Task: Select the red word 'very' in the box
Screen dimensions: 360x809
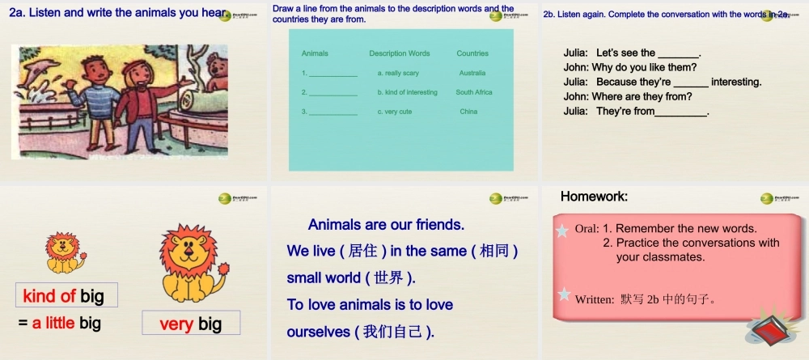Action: pyautogui.click(x=176, y=324)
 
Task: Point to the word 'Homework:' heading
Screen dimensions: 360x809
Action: pyautogui.click(x=594, y=197)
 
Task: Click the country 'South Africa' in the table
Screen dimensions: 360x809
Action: pyautogui.click(x=473, y=92)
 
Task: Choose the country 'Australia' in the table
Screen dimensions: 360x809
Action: pyautogui.click(x=472, y=73)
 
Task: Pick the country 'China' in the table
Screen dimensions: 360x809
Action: pyautogui.click(x=468, y=112)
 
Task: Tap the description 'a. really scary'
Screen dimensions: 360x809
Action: pyautogui.click(x=398, y=73)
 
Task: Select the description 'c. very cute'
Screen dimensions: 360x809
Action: pyautogui.click(x=395, y=112)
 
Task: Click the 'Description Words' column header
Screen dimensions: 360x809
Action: pyautogui.click(x=400, y=53)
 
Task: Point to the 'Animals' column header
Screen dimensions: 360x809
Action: pyautogui.click(x=315, y=53)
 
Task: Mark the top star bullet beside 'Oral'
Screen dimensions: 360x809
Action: pyautogui.click(x=562, y=231)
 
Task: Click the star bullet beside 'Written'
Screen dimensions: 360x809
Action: pyautogui.click(x=562, y=295)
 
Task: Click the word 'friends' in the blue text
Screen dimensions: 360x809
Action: pyautogui.click(x=438, y=224)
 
